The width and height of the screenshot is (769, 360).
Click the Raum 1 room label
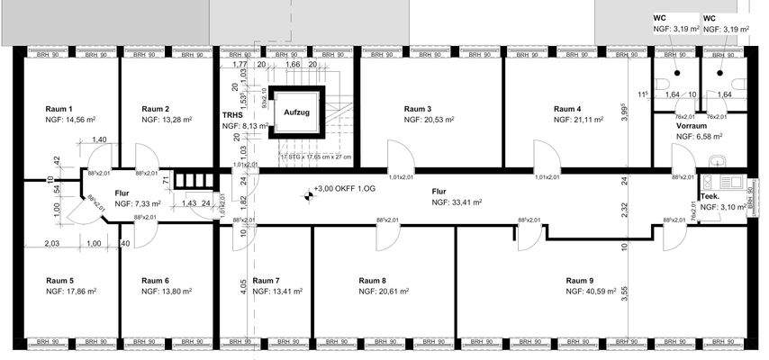[59, 108]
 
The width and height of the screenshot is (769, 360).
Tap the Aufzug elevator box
[296, 112]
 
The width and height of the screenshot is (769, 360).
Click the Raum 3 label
[418, 108]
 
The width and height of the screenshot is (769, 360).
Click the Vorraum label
[691, 126]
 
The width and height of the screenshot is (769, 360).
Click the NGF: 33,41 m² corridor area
[457, 203]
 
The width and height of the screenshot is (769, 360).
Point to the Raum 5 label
[59, 281]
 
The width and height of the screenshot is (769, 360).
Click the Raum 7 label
[267, 281]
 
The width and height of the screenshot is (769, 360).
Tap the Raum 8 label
[372, 281]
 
